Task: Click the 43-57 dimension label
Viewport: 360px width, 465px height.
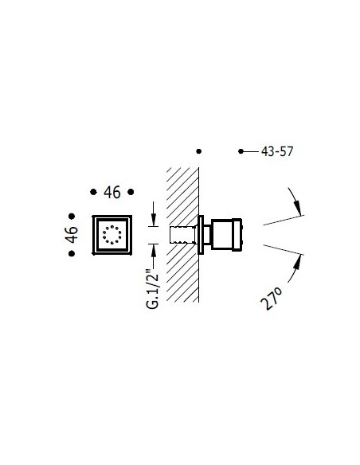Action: [x=277, y=151]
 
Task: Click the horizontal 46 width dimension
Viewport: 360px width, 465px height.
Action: [x=112, y=192]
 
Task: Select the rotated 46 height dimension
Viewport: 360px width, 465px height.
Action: [x=72, y=235]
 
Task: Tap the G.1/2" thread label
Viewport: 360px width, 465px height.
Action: [x=153, y=287]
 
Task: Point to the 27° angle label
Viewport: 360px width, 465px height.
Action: [x=272, y=298]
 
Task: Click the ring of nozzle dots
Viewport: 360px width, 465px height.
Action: [x=112, y=235]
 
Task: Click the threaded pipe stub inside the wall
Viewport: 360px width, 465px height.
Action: [x=182, y=235]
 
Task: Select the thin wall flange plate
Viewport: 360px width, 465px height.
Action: [x=201, y=235]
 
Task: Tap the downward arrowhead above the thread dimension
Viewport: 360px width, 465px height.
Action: [x=153, y=221]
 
